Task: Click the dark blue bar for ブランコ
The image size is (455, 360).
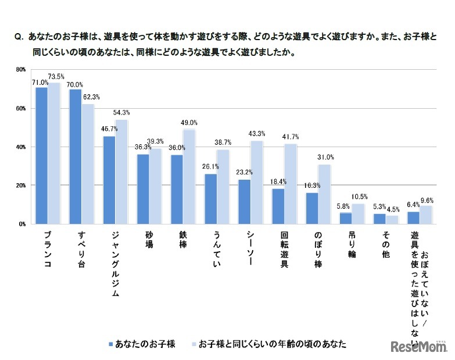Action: pyautogui.click(x=41, y=155)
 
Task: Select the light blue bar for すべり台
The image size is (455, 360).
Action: pyautogui.click(x=87, y=164)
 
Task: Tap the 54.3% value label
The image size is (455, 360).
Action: pyautogui.click(x=121, y=112)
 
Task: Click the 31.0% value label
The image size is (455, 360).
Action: pyautogui.click(x=325, y=157)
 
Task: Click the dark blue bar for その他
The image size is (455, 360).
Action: pyautogui.click(x=379, y=219)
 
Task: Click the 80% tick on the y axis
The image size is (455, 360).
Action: pyautogui.click(x=20, y=70)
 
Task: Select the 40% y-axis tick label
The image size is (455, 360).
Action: pyautogui.click(x=20, y=147)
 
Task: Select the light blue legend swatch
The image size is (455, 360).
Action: pyautogui.click(x=194, y=344)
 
